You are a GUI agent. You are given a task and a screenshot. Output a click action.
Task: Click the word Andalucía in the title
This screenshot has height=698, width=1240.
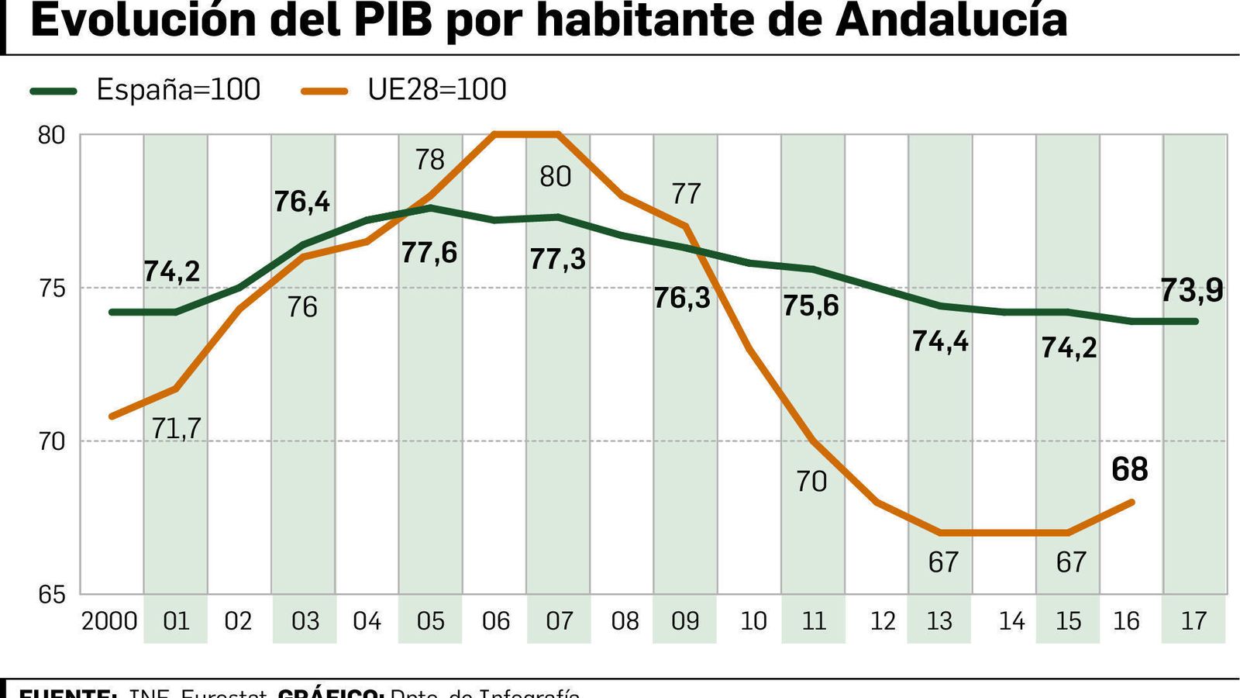[x=951, y=20]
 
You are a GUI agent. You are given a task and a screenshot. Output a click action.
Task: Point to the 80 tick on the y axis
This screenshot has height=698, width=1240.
[x=52, y=135]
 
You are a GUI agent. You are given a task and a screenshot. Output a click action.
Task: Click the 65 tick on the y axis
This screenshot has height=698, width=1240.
[x=52, y=595]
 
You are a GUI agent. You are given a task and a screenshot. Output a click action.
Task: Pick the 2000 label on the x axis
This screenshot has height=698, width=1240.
[x=109, y=621]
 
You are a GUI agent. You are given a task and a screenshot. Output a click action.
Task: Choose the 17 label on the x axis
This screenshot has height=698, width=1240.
[x=1193, y=621]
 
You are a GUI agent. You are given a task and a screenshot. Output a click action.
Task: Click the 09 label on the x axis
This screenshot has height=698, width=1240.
[x=685, y=621]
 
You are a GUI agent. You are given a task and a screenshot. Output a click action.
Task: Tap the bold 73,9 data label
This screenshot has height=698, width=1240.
[x=1192, y=290]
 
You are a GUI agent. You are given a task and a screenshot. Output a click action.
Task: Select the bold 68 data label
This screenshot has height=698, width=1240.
[x=1129, y=469]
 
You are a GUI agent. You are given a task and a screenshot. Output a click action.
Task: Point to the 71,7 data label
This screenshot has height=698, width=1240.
[x=177, y=428]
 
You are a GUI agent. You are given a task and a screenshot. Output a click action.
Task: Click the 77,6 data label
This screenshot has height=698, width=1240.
[x=429, y=252]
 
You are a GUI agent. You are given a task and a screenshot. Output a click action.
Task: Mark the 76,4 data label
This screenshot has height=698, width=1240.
[x=302, y=202]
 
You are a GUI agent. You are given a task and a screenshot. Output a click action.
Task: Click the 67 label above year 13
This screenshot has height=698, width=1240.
[x=943, y=562]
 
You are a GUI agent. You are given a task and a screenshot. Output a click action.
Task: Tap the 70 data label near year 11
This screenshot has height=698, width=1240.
[x=811, y=482]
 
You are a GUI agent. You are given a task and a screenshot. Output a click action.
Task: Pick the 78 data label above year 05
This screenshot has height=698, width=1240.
[x=429, y=160]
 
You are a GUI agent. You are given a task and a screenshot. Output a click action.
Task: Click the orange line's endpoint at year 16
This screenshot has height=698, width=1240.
[x=1132, y=503]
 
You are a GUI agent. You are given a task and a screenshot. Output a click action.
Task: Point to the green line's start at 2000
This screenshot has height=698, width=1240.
[x=112, y=312]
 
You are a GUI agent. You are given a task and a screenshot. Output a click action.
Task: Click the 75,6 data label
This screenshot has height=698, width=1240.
[x=811, y=306]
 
